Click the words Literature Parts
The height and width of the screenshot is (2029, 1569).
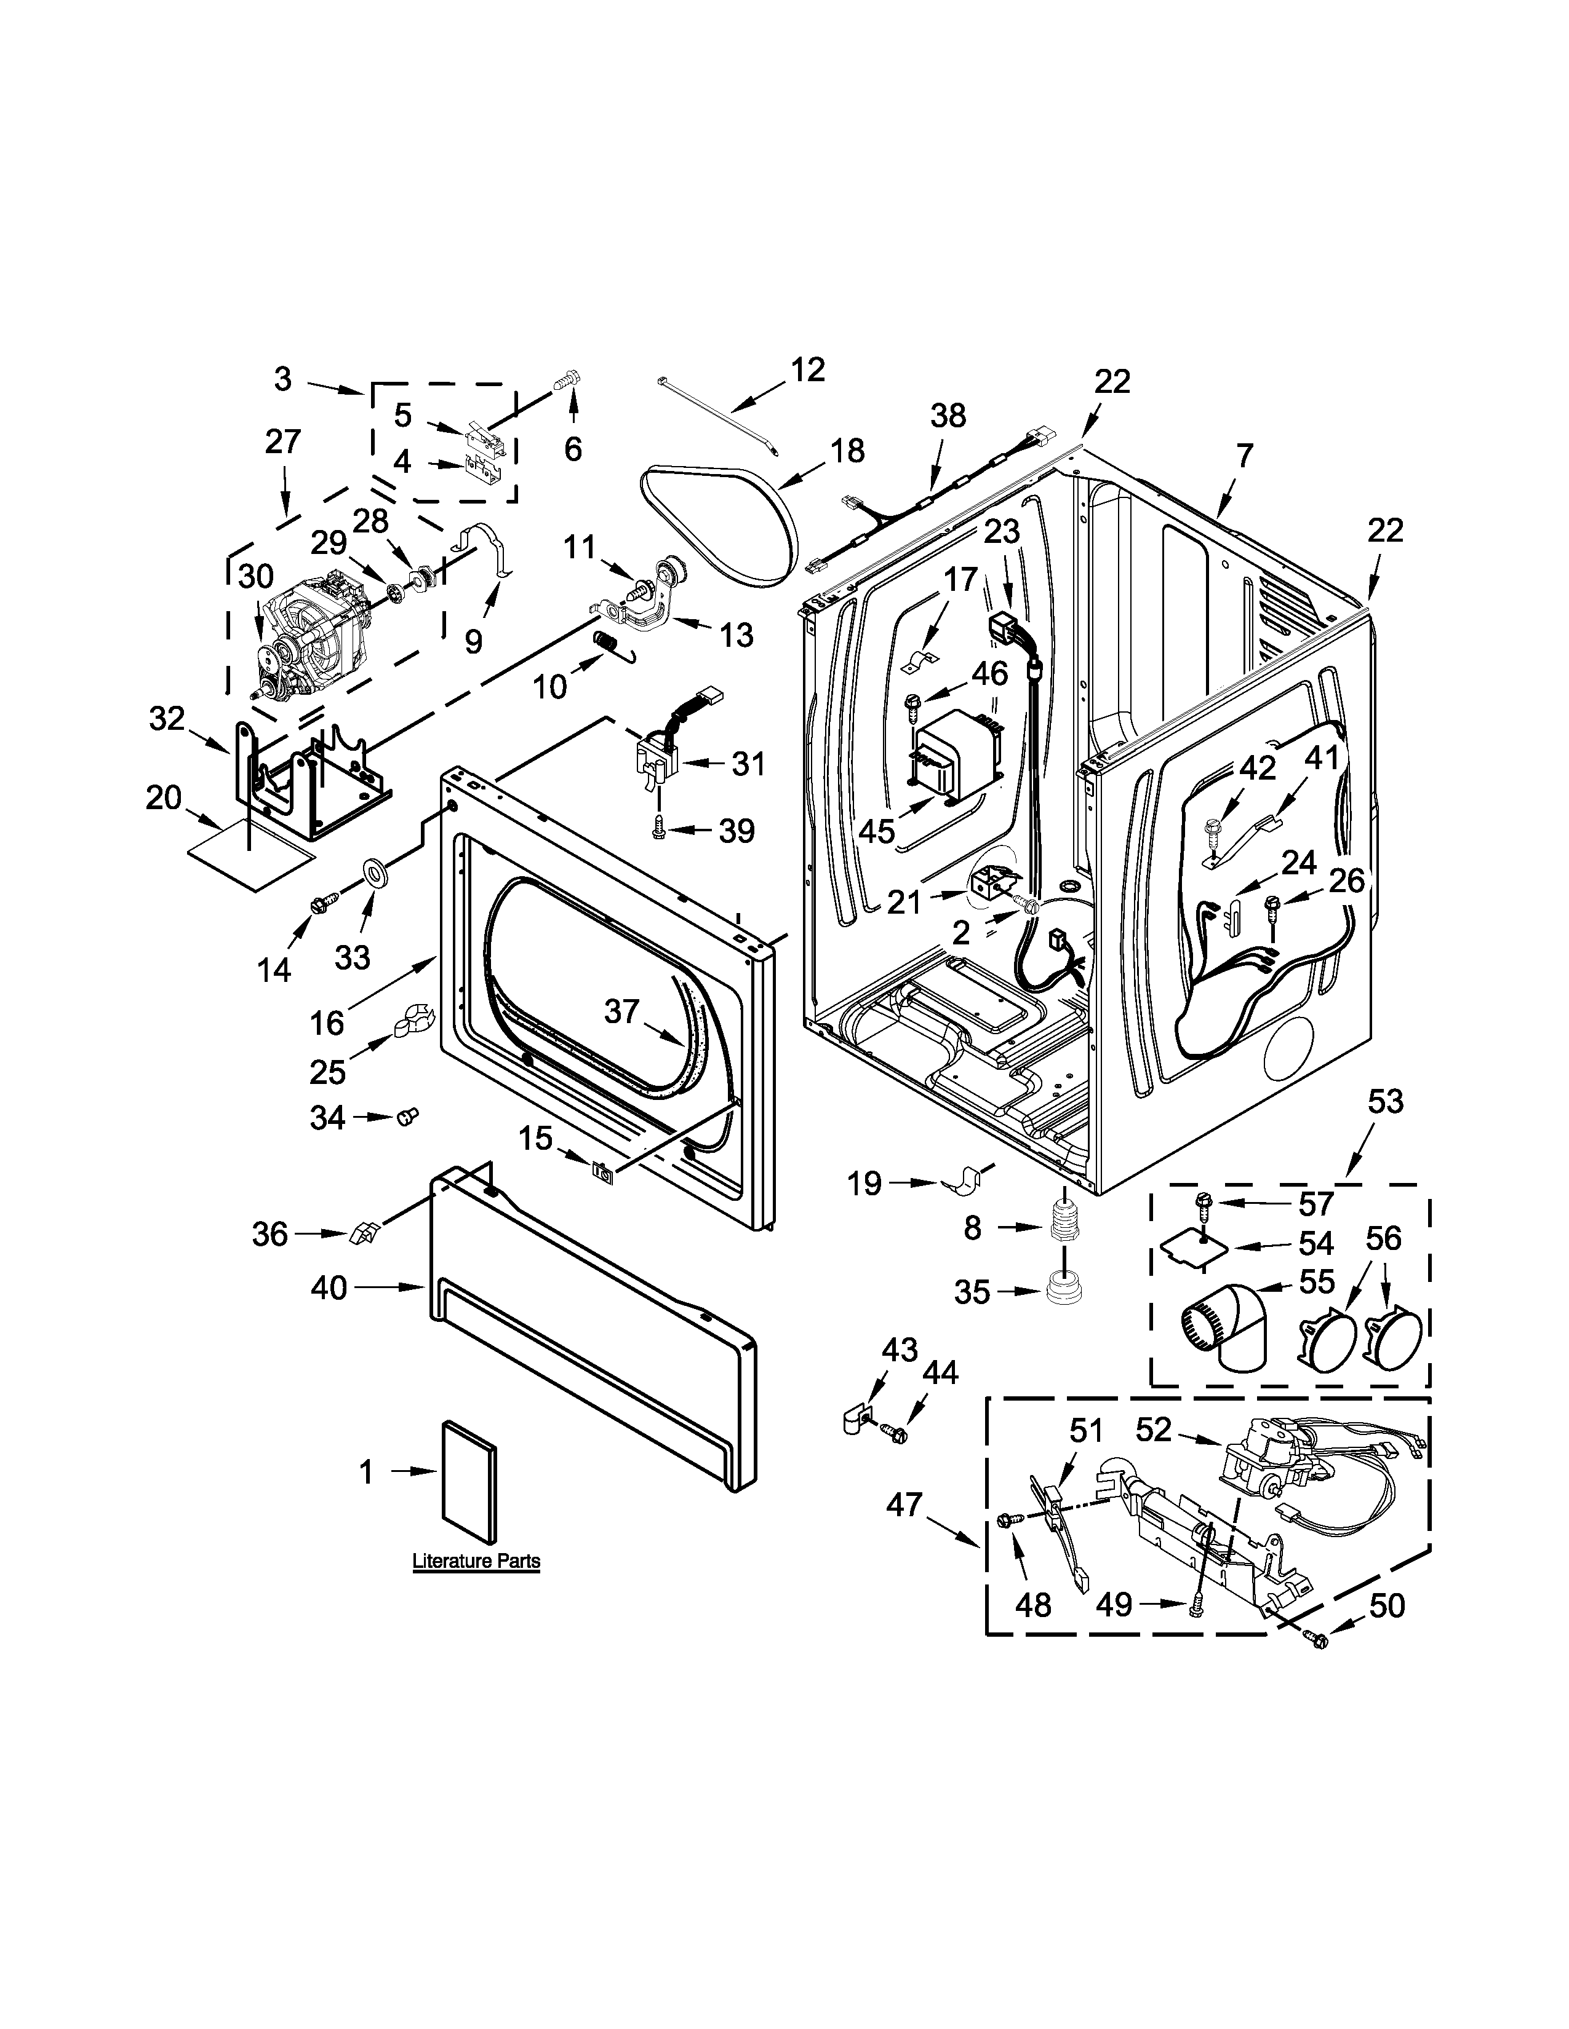(x=476, y=1560)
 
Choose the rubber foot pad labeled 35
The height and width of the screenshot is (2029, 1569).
(x=1061, y=1289)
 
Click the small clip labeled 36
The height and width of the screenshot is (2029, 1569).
(x=362, y=1233)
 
